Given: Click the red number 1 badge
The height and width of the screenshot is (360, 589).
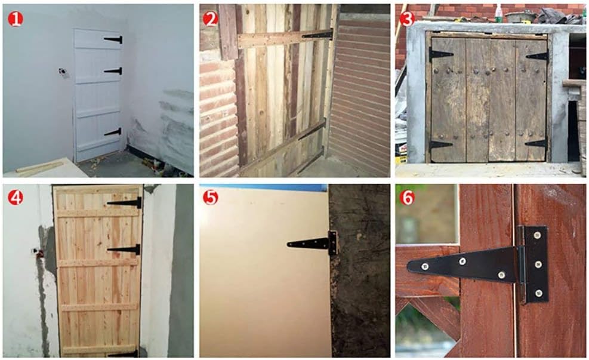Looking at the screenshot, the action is click(16, 19).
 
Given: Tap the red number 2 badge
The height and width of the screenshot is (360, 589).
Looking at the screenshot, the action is click(210, 19).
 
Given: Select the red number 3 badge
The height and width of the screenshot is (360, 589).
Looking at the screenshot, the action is click(407, 19).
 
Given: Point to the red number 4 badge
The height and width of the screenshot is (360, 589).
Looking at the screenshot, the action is click(16, 198).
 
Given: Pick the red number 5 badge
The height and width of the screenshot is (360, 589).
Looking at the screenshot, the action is click(210, 198).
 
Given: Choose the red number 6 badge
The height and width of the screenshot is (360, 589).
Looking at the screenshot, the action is click(407, 198).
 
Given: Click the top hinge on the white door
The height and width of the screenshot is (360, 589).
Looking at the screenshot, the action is click(113, 39).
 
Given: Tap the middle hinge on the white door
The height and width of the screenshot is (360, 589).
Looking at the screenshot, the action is click(113, 70).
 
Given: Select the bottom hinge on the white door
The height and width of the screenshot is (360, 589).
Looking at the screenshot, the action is click(113, 132).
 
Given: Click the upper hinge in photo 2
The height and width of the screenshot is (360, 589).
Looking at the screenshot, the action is click(318, 35).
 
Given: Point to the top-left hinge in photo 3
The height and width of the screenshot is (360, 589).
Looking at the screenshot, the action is click(440, 55).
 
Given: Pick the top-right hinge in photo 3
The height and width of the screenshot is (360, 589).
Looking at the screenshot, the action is click(538, 56).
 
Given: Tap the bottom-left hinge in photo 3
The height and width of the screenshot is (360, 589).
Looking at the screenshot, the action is click(440, 146).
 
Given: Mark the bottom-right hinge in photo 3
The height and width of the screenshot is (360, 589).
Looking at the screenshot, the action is click(536, 143).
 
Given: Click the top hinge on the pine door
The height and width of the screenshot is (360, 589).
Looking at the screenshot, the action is click(125, 202).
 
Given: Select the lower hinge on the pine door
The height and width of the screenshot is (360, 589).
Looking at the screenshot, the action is click(124, 249).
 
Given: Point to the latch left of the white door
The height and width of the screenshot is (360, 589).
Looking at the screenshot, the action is click(63, 72).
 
